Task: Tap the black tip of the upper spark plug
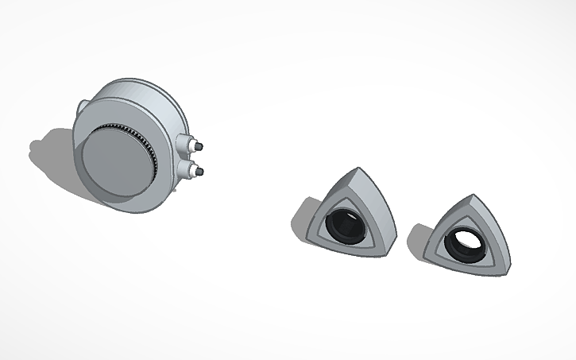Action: coord(201,147)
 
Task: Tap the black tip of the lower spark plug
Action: coord(201,172)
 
